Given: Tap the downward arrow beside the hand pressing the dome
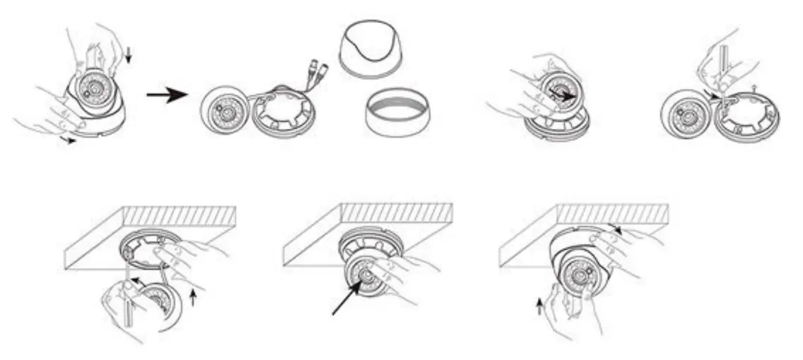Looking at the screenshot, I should pyautogui.click(x=128, y=55).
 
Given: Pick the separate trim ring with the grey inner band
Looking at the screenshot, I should pyautogui.click(x=397, y=112).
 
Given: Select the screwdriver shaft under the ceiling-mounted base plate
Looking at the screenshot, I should pyautogui.click(x=128, y=311).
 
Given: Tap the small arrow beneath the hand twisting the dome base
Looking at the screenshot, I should pyautogui.click(x=70, y=140).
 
